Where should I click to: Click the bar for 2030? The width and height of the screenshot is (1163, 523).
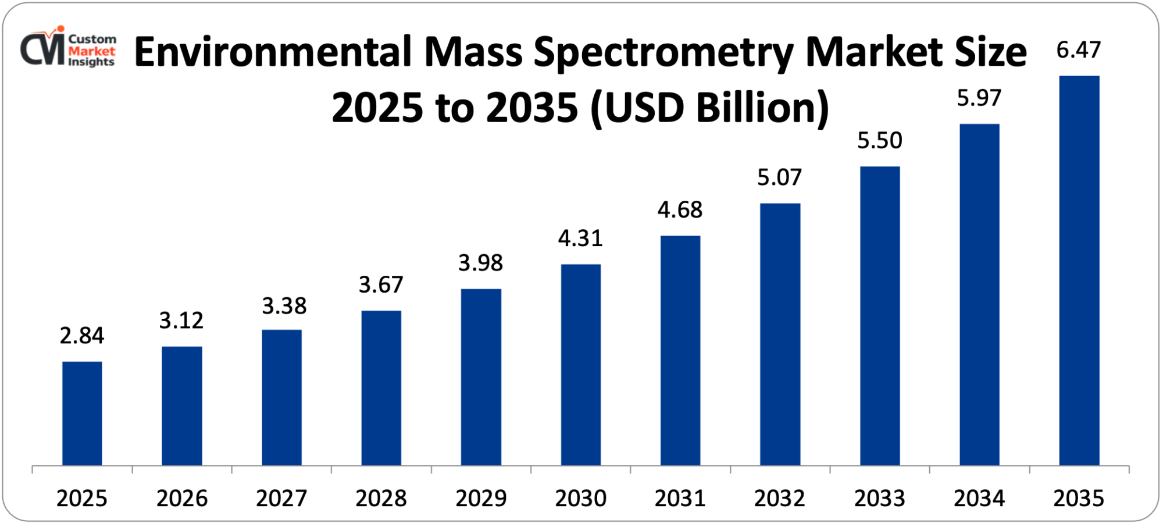tap(580, 365)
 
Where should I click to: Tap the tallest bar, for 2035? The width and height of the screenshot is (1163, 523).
tap(1079, 271)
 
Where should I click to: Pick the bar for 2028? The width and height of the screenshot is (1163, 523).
tap(381, 388)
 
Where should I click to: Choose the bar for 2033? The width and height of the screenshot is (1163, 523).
tap(879, 316)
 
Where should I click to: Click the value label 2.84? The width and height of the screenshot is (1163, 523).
tap(82, 336)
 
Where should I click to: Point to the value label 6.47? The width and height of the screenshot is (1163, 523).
tap(1079, 50)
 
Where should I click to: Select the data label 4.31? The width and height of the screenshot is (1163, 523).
tap(580, 239)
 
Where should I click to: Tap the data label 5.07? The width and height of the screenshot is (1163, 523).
tap(779, 177)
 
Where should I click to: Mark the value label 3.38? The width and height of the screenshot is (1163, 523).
tap(284, 306)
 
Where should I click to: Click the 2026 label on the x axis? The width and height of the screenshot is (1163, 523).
tap(182, 499)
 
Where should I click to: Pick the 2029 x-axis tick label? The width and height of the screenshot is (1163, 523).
tap(481, 499)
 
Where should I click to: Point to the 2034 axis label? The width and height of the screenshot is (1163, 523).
tap(979, 499)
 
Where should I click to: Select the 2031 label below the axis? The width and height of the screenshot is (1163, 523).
tap(680, 499)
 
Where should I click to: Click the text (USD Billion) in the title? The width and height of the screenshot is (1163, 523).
tap(709, 108)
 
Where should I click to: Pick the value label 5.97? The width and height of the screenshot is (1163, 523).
tap(979, 98)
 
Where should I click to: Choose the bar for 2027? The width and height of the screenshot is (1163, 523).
tap(281, 397)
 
